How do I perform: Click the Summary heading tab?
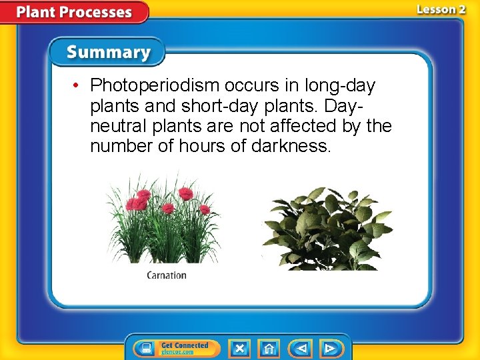[109, 52]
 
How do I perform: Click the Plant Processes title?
[74, 12]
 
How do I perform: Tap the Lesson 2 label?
[441, 9]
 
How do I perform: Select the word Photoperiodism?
[155, 86]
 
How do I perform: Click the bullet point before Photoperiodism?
[78, 86]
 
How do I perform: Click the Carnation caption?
[167, 275]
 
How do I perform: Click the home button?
[269, 349]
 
